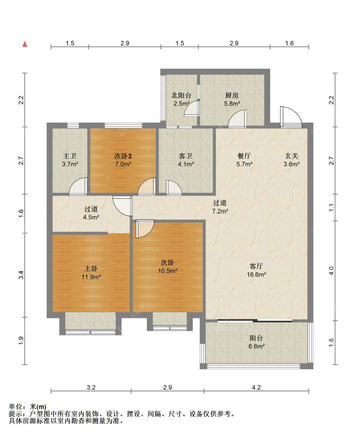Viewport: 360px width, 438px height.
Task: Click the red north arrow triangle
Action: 25,44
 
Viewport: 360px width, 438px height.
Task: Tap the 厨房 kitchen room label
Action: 232,95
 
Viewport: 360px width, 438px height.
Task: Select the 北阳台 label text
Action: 181,95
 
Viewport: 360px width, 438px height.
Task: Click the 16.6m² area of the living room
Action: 256,275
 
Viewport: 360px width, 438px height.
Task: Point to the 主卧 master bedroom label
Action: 91,269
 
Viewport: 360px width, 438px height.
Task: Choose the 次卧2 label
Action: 123,156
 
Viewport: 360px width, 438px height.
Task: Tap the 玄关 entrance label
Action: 292,156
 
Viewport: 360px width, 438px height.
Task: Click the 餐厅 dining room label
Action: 244,156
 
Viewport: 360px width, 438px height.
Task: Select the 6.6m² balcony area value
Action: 256,346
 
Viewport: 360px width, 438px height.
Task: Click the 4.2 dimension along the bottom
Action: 256,387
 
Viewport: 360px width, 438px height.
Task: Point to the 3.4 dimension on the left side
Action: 21,275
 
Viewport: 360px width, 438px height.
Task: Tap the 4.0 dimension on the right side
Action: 331,271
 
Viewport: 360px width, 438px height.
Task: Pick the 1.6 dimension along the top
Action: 289,43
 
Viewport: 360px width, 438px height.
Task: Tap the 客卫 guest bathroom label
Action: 185,156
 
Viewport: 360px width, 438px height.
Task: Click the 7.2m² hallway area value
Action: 220,211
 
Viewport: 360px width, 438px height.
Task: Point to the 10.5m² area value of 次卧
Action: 168,271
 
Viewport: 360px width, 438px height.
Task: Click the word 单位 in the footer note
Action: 16,406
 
